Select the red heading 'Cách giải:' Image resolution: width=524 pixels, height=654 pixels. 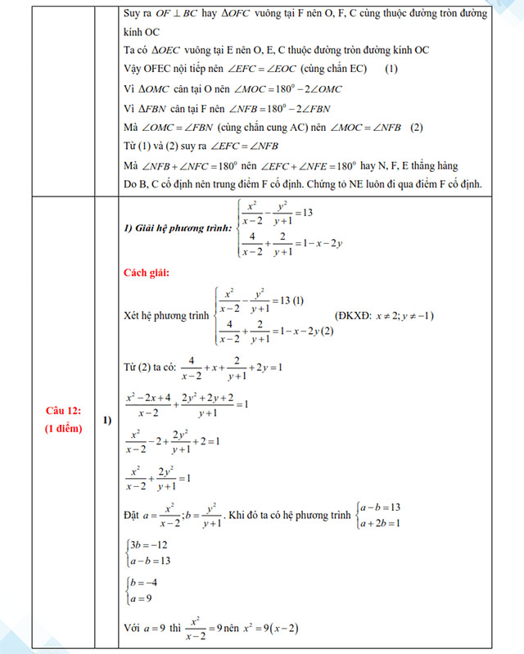click(x=148, y=272)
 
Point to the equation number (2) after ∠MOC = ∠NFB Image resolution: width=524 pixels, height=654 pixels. click(x=417, y=127)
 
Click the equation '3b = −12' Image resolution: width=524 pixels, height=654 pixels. click(x=148, y=545)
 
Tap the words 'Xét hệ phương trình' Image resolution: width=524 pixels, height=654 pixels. click(x=166, y=315)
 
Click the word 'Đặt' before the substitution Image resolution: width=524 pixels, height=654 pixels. click(x=133, y=516)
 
